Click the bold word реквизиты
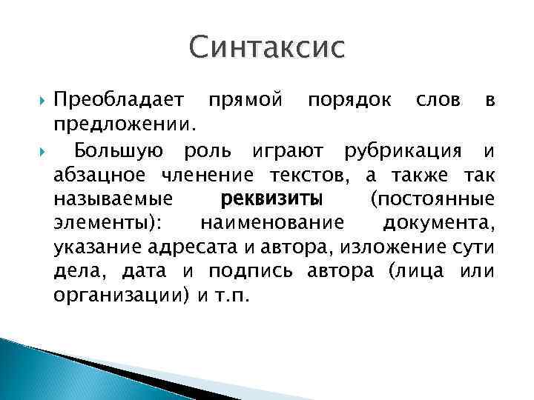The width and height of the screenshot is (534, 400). tap(271, 199)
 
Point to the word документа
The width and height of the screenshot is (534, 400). tap(438, 223)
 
